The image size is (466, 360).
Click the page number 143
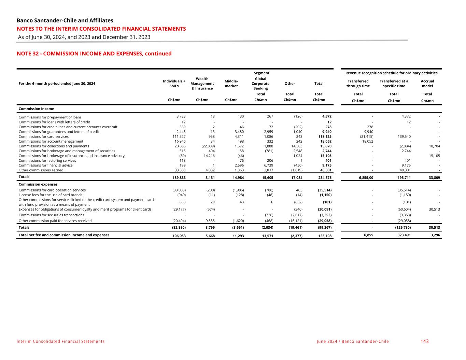[x=424, y=341]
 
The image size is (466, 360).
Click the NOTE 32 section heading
[x=94, y=54]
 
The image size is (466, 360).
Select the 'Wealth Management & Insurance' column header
[x=202, y=84]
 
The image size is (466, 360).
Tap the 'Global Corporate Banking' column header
[x=260, y=84]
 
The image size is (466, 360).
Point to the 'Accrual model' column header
[x=427, y=84]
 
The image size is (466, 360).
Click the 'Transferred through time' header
[x=358, y=84]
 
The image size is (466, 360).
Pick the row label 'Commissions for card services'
[x=44, y=136]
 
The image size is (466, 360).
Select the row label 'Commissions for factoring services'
[x=47, y=160]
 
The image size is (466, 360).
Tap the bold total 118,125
[x=324, y=136]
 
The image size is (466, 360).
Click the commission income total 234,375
[x=324, y=177]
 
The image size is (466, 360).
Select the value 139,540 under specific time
[x=403, y=136]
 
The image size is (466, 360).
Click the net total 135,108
[x=324, y=235]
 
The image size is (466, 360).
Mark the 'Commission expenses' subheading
[x=38, y=184]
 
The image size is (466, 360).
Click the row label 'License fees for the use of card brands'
[x=51, y=195]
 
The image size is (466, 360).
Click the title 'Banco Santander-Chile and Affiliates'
[x=65, y=20]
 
